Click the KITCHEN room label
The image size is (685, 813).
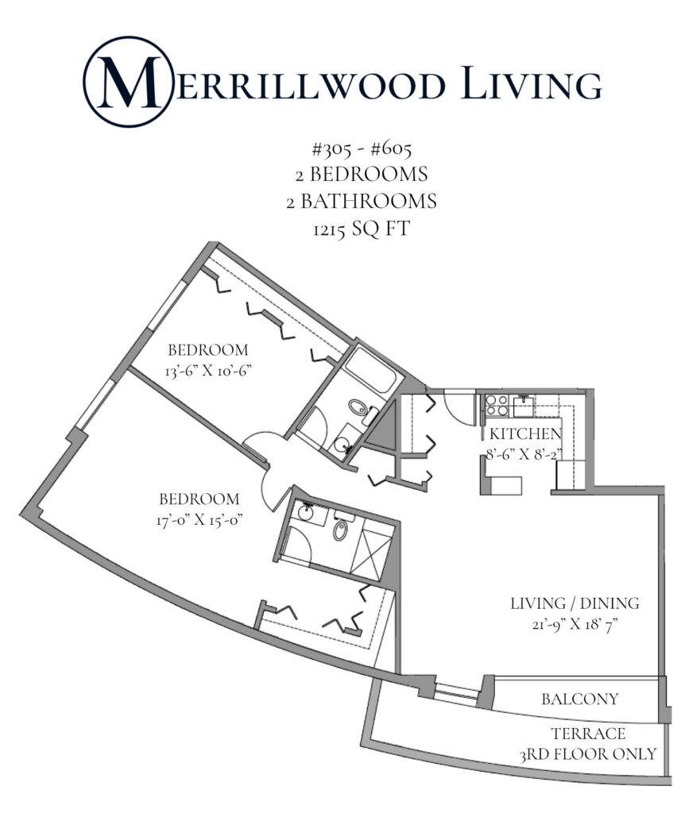[x=525, y=434]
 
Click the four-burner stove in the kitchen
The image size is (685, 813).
[x=497, y=405]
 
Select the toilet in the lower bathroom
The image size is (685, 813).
[x=342, y=530]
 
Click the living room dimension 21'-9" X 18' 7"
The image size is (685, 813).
[x=564, y=624]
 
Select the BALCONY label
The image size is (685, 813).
[x=579, y=699]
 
